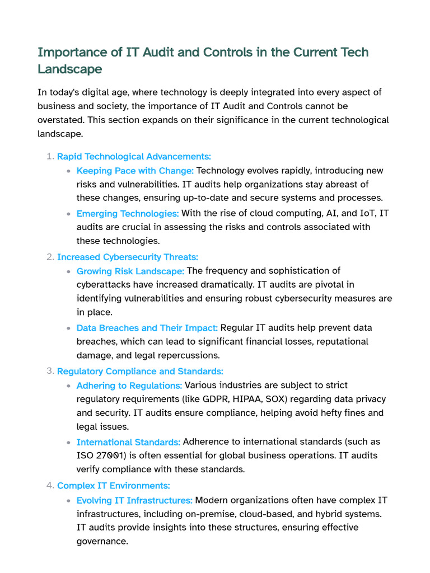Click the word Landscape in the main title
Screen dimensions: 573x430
click(69, 69)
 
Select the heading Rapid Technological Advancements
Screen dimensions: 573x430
click(134, 157)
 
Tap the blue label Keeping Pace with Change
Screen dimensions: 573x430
click(135, 171)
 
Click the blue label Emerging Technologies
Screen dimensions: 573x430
click(128, 213)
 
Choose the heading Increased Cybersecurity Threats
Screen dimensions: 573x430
click(128, 257)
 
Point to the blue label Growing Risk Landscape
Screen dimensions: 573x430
click(130, 271)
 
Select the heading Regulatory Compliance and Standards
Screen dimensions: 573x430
click(140, 372)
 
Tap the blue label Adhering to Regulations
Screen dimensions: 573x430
click(129, 386)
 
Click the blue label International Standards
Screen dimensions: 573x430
click(128, 442)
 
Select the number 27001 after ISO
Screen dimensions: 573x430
click(110, 456)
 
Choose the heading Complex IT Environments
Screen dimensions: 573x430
click(113, 486)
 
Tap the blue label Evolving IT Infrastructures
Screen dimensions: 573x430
click(134, 500)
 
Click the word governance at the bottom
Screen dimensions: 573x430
click(102, 541)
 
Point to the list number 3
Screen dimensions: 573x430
click(50, 371)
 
